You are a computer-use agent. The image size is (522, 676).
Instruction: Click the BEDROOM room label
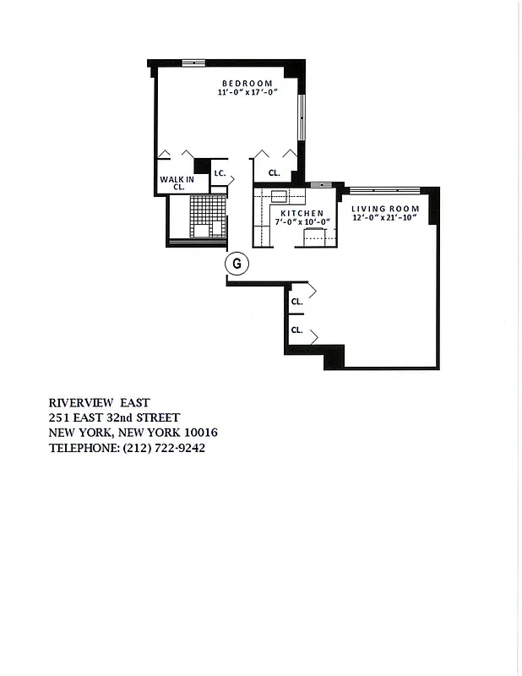point(247,83)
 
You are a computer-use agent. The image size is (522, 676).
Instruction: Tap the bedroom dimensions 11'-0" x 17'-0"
point(247,93)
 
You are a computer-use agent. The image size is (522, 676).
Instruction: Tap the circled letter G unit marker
point(237,264)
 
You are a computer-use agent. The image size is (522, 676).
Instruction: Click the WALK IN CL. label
point(178,183)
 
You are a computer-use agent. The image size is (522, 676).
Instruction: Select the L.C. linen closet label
point(218,173)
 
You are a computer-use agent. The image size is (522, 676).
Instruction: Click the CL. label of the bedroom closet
point(274,173)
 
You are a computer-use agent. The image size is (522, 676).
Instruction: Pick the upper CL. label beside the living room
point(296,301)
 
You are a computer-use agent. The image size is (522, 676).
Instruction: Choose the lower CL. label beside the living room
point(296,330)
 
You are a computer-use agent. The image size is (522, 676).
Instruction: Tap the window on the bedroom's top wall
point(193,62)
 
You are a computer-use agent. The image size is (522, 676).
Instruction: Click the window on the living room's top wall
point(380,188)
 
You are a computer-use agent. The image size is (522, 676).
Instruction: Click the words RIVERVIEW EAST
point(101,402)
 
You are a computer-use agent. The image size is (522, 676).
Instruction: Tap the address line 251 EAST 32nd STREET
point(113,417)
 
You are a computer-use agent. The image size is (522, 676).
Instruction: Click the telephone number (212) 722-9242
point(165,448)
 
